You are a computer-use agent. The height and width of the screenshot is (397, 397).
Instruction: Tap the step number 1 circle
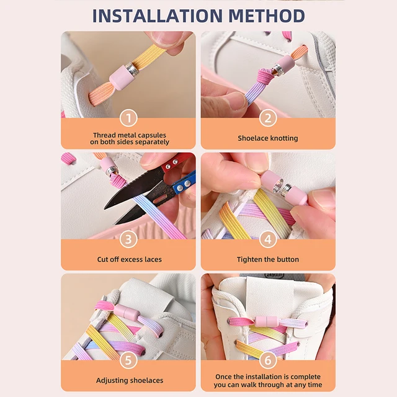(128, 118)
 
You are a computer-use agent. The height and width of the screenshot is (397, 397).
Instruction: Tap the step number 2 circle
(268, 118)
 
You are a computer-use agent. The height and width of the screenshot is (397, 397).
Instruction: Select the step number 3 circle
(128, 239)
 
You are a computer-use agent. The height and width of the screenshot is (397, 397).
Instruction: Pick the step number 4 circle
(268, 239)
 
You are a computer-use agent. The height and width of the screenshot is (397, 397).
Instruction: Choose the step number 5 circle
(128, 360)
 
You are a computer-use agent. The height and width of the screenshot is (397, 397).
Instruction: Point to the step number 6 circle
(268, 360)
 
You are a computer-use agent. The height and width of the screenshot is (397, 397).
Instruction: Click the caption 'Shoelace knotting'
(268, 138)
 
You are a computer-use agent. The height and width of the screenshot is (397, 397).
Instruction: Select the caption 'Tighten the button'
(268, 259)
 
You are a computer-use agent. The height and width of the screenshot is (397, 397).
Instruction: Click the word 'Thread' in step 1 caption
(105, 135)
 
